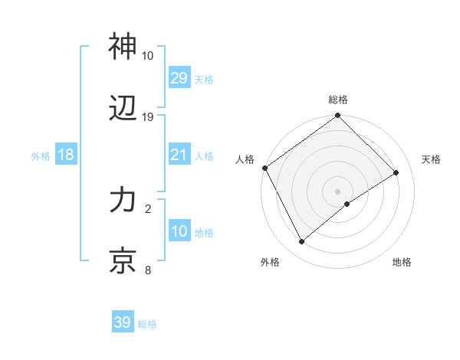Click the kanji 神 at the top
[123, 47]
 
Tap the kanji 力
[123, 201]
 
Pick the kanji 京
[123, 261]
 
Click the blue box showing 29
[179, 77]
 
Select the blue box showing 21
[179, 155]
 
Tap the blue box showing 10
[179, 231]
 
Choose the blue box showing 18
[66, 155]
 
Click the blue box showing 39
[123, 322]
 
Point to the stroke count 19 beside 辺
[148, 117]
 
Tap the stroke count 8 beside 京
[147, 270]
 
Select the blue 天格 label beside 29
[204, 79]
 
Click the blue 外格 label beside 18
[41, 155]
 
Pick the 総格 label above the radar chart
[338, 100]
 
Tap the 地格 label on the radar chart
[402, 263]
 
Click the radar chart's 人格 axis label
[245, 159]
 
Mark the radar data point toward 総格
[337, 116]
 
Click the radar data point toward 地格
[348, 204]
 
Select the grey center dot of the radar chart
[337, 190]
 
